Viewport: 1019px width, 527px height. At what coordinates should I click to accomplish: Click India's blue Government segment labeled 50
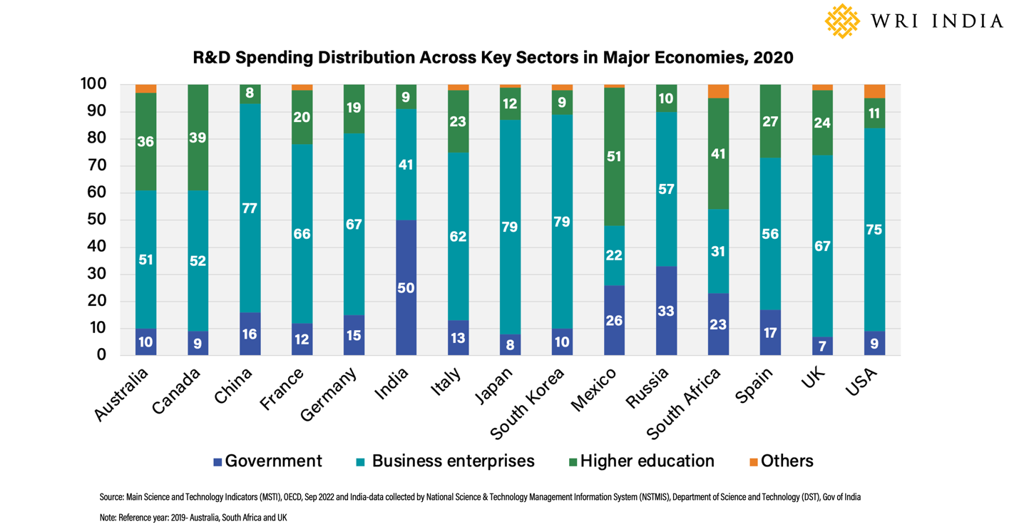click(x=406, y=287)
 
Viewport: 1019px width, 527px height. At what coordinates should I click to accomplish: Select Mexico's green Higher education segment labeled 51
click(x=614, y=157)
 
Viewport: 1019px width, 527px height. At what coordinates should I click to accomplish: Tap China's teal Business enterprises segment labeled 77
click(x=250, y=208)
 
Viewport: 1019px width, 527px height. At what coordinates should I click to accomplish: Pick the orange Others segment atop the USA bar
click(x=874, y=91)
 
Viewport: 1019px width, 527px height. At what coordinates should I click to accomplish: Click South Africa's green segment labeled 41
click(x=718, y=153)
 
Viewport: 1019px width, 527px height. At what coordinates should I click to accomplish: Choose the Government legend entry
click(x=268, y=461)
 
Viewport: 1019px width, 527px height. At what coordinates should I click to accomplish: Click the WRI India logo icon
click(x=843, y=21)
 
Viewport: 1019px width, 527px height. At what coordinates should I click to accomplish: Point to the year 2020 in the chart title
click(x=769, y=57)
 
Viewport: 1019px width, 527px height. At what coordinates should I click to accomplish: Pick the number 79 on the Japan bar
click(x=510, y=227)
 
